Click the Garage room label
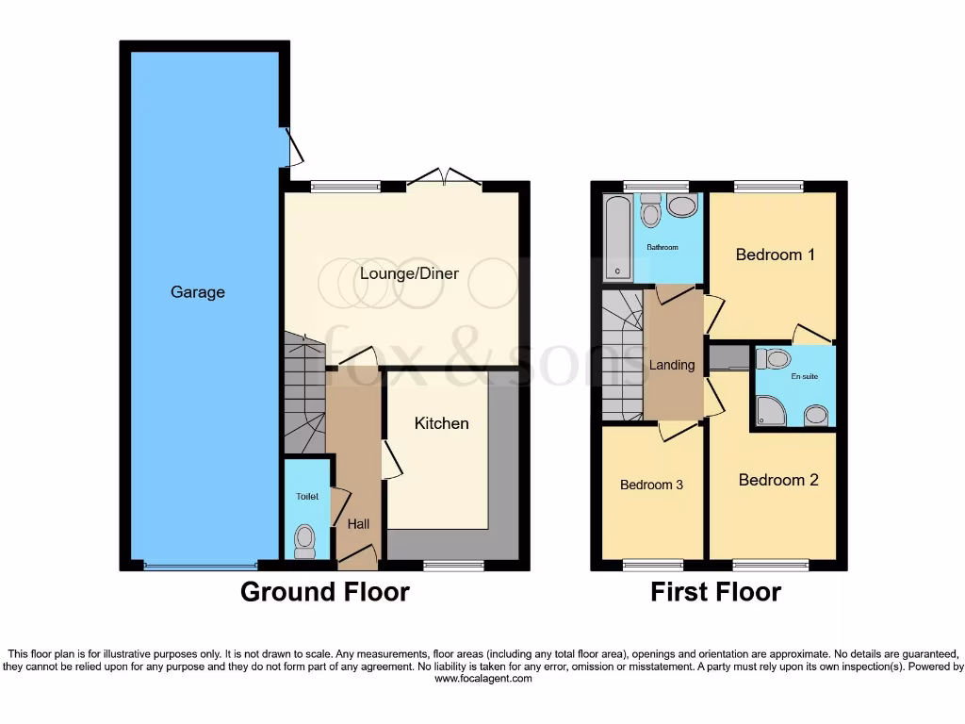pyautogui.click(x=198, y=292)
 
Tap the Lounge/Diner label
pyautogui.click(x=409, y=273)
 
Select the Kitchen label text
pyautogui.click(x=441, y=423)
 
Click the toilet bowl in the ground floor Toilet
pyautogui.click(x=304, y=540)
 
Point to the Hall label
pyautogui.click(x=358, y=524)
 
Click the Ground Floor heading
pyautogui.click(x=324, y=592)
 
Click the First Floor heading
pyautogui.click(x=715, y=592)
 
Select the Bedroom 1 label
pyautogui.click(x=775, y=255)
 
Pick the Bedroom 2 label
pyautogui.click(x=778, y=480)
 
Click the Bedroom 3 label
pyautogui.click(x=651, y=485)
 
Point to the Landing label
pyautogui.click(x=672, y=365)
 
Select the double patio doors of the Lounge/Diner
pyautogui.click(x=444, y=179)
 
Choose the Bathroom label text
pyautogui.click(x=662, y=248)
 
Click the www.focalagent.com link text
pyautogui.click(x=482, y=679)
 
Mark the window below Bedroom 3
pyautogui.click(x=651, y=566)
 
